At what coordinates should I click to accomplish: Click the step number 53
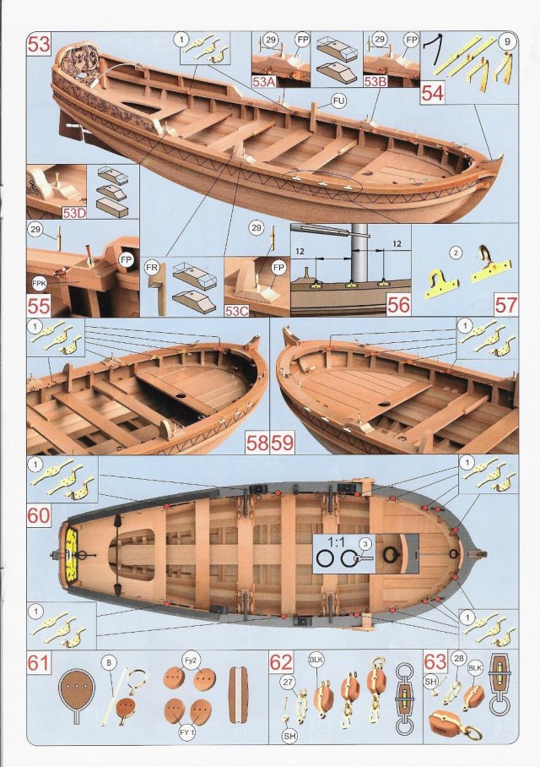(40, 45)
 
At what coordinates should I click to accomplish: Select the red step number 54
(432, 92)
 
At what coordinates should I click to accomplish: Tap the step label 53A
(265, 83)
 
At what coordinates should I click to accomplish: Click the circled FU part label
(339, 101)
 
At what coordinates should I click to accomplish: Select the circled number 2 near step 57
(456, 252)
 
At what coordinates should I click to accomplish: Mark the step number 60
(39, 514)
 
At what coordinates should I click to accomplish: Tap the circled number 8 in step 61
(108, 665)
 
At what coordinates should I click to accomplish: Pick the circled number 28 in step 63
(458, 658)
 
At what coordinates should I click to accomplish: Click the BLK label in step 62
(316, 662)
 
